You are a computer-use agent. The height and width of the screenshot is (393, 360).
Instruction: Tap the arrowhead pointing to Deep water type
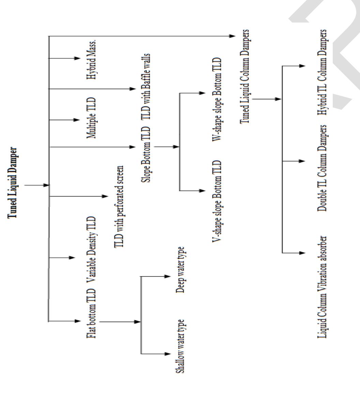coord(167,276)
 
